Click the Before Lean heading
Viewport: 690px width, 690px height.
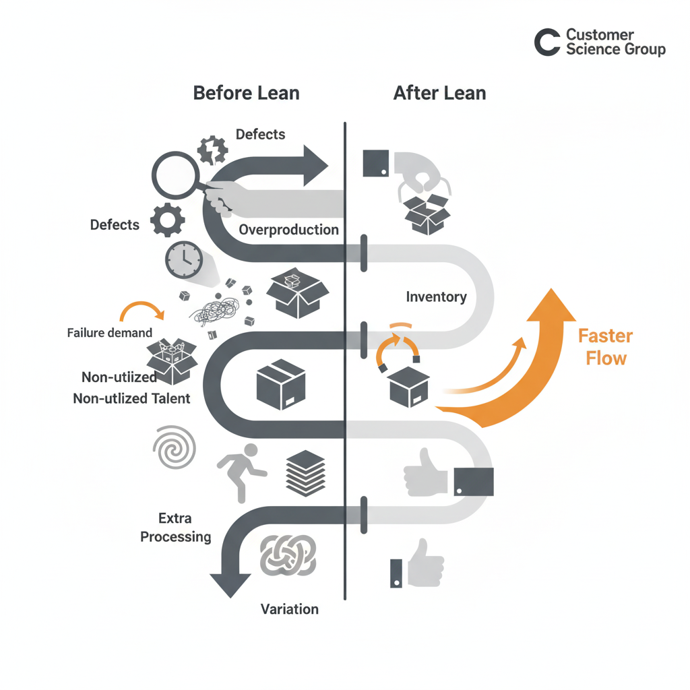coord(246,92)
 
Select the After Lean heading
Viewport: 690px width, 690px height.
coord(439,92)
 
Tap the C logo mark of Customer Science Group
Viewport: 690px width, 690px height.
coord(547,42)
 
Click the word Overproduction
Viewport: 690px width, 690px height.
coord(288,229)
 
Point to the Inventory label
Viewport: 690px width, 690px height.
coord(436,296)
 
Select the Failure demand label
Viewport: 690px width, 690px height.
coord(109,332)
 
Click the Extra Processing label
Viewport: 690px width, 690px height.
coord(175,528)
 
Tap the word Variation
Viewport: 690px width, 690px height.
coord(290,609)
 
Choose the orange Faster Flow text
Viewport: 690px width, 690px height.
coord(605,346)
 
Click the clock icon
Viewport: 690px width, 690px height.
coord(183,259)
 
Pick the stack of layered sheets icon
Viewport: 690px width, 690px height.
coord(305,473)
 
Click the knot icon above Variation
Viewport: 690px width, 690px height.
coord(288,557)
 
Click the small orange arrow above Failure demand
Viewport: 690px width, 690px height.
coord(142,311)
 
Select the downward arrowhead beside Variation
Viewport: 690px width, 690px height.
coord(230,583)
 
